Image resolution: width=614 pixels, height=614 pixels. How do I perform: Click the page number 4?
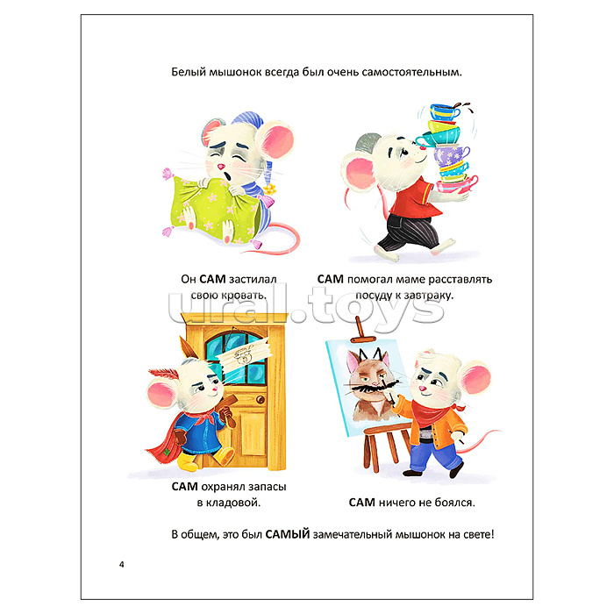point(121,564)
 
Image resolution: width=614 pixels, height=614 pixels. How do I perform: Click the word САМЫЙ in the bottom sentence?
point(288,534)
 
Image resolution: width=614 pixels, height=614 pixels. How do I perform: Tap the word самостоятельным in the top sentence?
point(411,73)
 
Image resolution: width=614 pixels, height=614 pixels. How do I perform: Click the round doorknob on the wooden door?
point(260,399)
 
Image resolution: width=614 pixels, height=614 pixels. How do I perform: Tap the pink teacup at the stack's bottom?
point(457,185)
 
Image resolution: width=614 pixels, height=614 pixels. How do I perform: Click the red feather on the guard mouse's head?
point(163,373)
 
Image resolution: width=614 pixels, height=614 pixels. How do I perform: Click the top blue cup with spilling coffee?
point(445,111)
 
